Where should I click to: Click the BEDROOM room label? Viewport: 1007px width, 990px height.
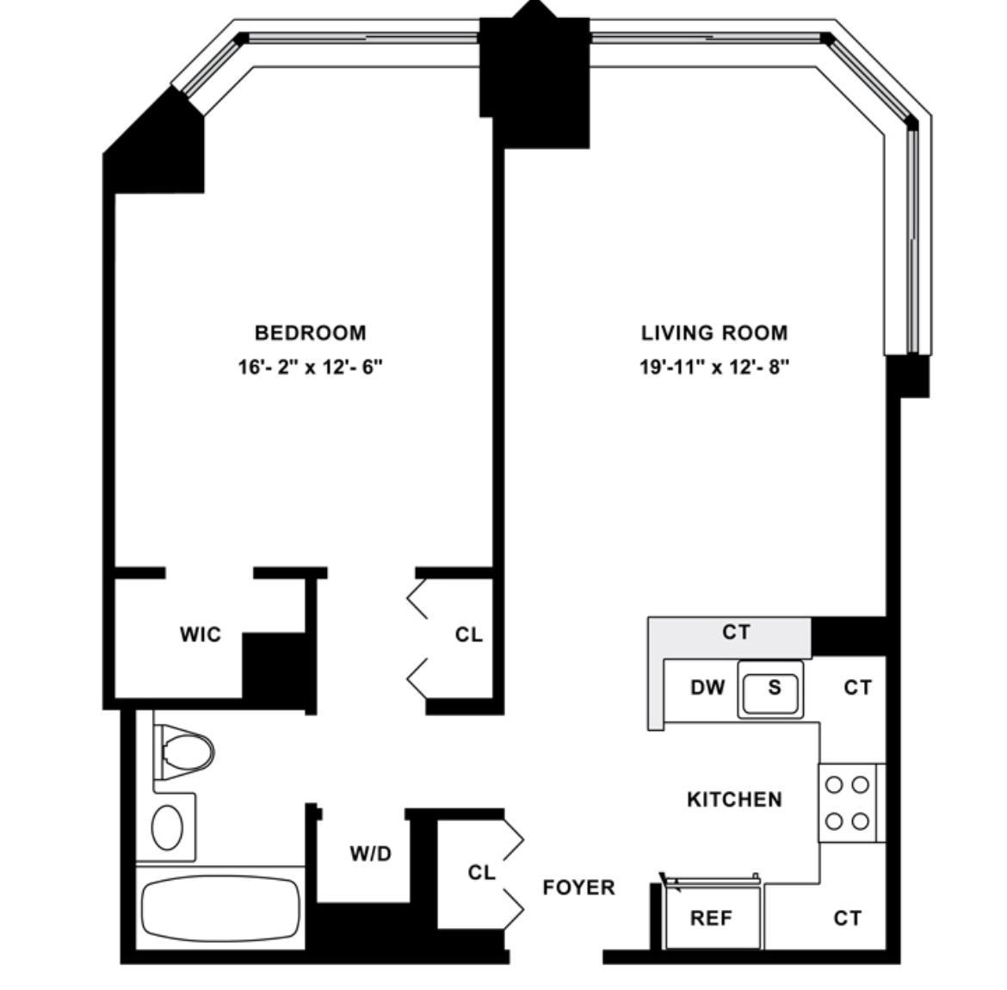pos(310,333)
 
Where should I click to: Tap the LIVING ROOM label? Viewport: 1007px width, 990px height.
pos(714,333)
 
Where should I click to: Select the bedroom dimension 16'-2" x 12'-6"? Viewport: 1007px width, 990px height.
pos(310,367)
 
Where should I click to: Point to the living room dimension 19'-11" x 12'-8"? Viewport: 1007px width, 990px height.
pos(714,367)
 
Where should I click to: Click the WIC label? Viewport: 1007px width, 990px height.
pos(201,634)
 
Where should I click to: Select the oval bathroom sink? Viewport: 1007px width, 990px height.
pos(167,827)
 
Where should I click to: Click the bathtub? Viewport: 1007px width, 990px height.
pos(220,908)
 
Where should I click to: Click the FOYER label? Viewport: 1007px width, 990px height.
pos(578,888)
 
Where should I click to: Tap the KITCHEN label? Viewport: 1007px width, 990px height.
pos(735,799)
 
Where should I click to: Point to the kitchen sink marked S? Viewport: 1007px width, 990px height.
pos(770,690)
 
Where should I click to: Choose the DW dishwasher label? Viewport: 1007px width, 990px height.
pos(707,688)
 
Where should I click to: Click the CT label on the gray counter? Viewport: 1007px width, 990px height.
pos(736,632)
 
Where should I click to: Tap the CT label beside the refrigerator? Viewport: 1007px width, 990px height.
pos(847,918)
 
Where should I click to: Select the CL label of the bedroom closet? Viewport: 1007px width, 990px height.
pos(468,634)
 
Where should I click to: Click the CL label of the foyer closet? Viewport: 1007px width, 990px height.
pos(481,872)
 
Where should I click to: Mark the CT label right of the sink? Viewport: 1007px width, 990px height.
pos(857,688)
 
